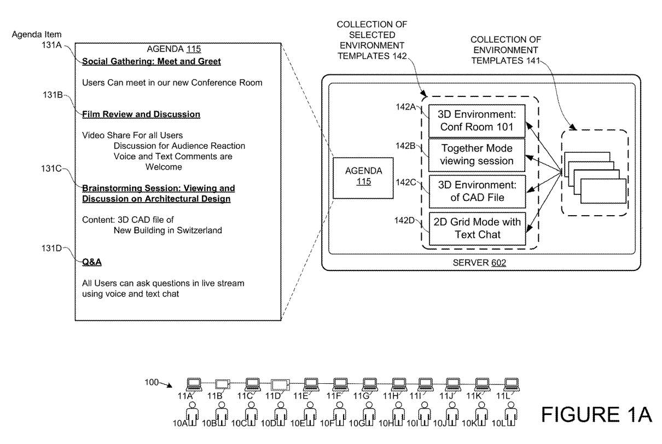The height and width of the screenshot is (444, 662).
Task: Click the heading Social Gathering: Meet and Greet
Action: pos(152,62)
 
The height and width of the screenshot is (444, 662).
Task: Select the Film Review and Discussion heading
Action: pos(141,114)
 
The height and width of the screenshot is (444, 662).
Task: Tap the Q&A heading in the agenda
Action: pos(92,262)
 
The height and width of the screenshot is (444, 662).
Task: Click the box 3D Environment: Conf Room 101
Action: pos(476,121)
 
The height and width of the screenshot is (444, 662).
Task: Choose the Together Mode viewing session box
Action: pos(476,154)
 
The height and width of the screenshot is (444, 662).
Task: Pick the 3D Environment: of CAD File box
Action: pos(476,192)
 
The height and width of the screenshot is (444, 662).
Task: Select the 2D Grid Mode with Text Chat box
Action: pos(476,228)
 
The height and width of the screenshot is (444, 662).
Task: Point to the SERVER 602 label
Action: pos(479,263)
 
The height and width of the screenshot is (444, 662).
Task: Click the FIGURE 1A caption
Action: pos(596,414)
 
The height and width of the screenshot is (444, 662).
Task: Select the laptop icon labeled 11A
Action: pos(194,383)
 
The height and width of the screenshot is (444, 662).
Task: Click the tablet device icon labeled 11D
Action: pos(280,384)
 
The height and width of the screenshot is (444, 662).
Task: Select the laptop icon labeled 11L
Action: pos(511,383)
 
